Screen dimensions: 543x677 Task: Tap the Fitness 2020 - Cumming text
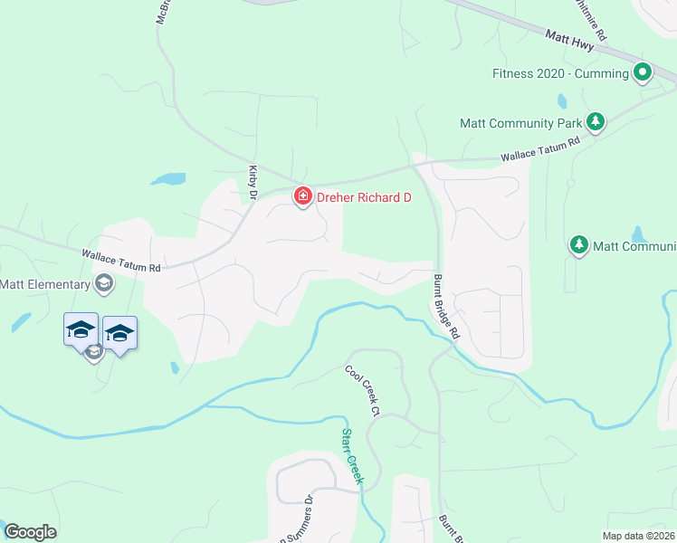tap(560, 73)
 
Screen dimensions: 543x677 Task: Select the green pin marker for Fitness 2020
tap(643, 71)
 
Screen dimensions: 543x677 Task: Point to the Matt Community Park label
tap(520, 122)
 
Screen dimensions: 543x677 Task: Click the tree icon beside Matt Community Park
tap(595, 121)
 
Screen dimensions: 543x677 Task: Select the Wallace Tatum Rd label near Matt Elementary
tap(120, 262)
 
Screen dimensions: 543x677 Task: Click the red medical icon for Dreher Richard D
tap(301, 196)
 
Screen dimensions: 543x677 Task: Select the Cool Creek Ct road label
tap(359, 390)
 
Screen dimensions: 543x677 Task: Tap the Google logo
tap(30, 532)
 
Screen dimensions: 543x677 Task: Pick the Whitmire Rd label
tap(591, 18)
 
